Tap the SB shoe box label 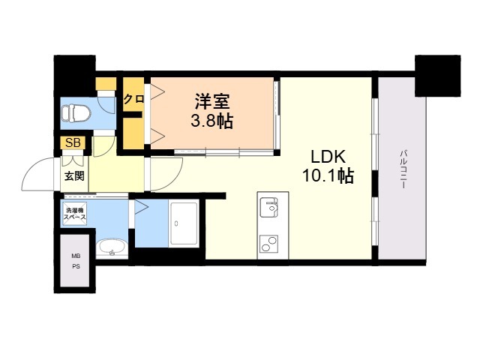click(73, 142)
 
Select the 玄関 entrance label click(74, 176)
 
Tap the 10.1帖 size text click(328, 177)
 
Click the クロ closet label click(134, 98)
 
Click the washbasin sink click(112, 247)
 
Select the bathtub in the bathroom click(182, 223)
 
